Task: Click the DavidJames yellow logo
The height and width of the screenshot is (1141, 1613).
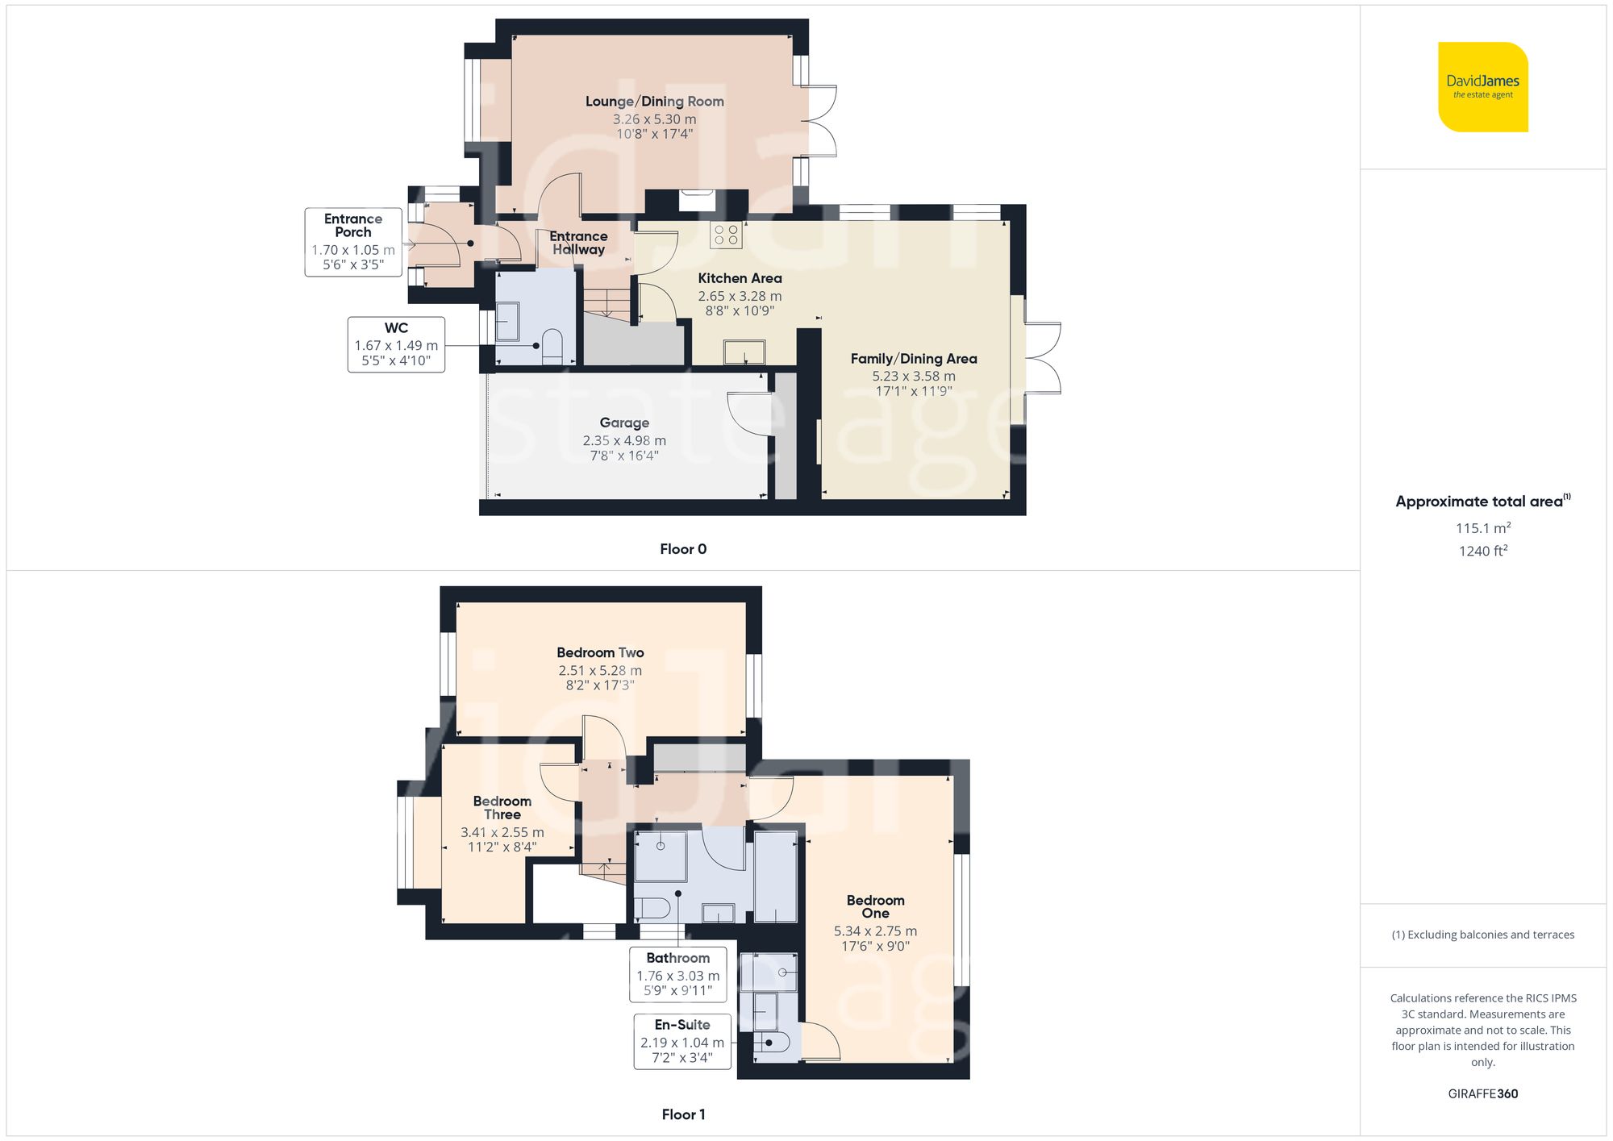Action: click(1482, 87)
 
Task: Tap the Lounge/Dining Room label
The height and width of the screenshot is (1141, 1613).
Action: click(654, 102)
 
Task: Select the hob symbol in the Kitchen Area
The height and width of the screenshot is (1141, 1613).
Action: click(726, 235)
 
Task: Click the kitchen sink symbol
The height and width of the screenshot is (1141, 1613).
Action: click(744, 352)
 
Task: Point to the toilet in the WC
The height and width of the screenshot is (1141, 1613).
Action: click(552, 344)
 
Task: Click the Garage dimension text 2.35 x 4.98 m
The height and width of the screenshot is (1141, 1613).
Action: click(624, 440)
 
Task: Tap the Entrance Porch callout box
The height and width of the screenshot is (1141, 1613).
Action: click(353, 242)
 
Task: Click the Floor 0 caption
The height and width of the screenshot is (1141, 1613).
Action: click(683, 549)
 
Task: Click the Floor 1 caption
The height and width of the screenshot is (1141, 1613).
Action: click(683, 1114)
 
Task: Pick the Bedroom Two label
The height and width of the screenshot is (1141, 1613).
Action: click(600, 652)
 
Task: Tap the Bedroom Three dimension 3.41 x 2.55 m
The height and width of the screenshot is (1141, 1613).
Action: click(502, 832)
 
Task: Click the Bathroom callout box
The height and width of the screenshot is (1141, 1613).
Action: click(677, 974)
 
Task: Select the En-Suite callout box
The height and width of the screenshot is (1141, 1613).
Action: click(682, 1041)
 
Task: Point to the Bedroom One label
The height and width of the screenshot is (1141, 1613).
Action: click(875, 906)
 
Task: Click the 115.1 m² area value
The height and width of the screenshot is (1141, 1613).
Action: click(1482, 528)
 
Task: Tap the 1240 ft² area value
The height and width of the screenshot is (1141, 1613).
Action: click(1482, 551)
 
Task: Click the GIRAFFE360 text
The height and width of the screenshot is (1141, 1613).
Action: click(1482, 1093)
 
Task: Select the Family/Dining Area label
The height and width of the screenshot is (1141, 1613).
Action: click(913, 359)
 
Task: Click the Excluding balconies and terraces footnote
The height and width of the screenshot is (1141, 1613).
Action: click(1482, 935)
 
